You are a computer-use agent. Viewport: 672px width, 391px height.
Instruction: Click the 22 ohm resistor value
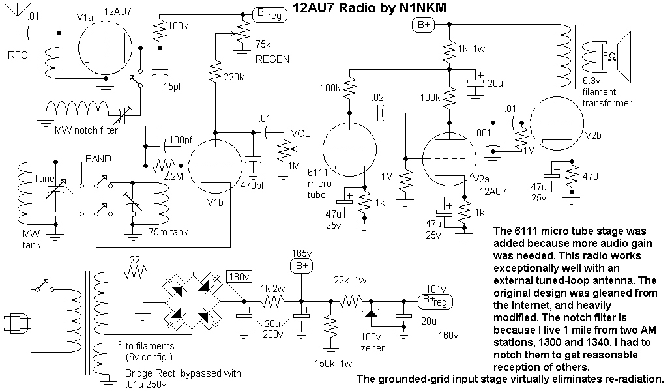click(136, 261)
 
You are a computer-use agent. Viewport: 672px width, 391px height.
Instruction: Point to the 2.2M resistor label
click(173, 176)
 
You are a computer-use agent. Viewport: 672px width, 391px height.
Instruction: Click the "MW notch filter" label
click(87, 130)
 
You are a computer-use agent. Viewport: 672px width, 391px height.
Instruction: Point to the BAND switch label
click(98, 158)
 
